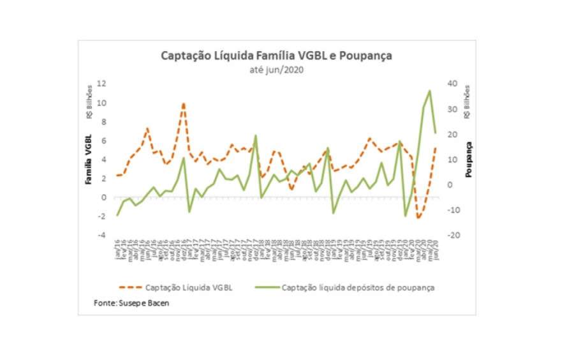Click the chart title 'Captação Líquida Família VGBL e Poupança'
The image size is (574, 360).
pyautogui.click(x=276, y=56)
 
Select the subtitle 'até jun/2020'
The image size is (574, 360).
pyautogui.click(x=276, y=70)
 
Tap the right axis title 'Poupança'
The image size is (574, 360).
pyautogui.click(x=469, y=160)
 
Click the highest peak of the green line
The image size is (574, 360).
pyautogui.click(x=429, y=91)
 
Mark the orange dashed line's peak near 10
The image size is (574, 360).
pyautogui.click(x=184, y=103)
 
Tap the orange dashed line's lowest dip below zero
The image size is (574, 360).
pyautogui.click(x=418, y=218)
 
